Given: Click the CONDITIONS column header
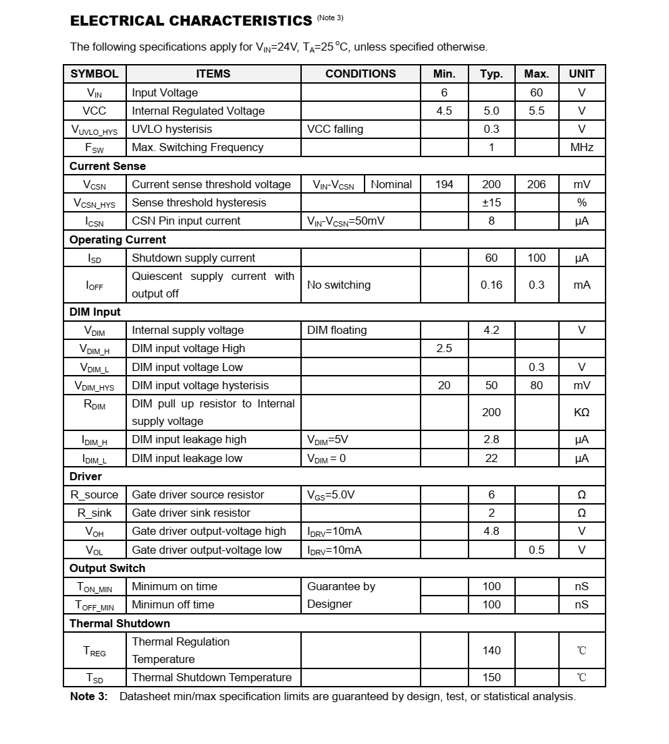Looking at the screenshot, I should click(x=360, y=74).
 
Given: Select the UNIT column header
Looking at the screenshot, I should click(x=581, y=74).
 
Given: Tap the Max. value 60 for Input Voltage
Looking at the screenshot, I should click(x=536, y=92).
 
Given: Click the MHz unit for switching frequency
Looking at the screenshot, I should click(x=581, y=147).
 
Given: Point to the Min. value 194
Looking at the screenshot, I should click(x=444, y=184).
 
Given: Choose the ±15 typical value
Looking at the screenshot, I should click(x=491, y=202).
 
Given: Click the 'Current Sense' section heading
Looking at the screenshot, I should click(x=107, y=166).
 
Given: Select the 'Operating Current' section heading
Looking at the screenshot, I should click(x=117, y=239).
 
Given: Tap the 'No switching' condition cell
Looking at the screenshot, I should click(x=339, y=285).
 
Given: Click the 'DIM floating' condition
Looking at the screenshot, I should click(x=337, y=330).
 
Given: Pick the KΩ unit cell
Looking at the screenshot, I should click(x=581, y=412).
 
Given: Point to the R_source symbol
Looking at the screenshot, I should click(x=95, y=494).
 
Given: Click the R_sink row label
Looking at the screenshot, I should click(x=95, y=513).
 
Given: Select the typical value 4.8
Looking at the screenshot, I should click(x=491, y=531).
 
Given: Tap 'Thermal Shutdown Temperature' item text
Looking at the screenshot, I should click(x=212, y=677).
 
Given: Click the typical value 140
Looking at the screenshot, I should click(x=491, y=650).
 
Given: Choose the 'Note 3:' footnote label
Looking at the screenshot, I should click(x=88, y=696).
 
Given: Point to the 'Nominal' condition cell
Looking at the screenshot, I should click(x=391, y=184).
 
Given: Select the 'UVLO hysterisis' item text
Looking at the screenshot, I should click(x=172, y=129).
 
